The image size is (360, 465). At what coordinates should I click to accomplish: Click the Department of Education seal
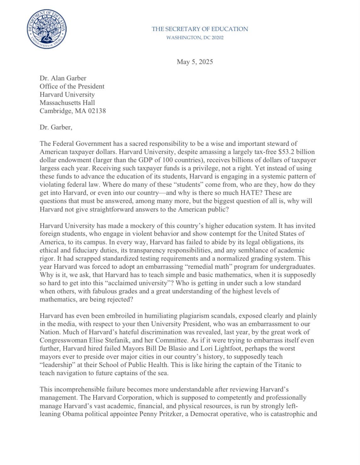(47, 29)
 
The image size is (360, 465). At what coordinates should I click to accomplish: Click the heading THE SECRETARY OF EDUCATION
(200, 29)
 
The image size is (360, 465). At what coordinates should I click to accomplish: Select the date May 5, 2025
(195, 62)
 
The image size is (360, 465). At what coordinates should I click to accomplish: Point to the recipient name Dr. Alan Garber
(63, 78)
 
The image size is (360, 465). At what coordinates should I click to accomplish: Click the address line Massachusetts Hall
(67, 103)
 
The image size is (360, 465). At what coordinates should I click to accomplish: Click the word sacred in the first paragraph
(137, 143)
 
